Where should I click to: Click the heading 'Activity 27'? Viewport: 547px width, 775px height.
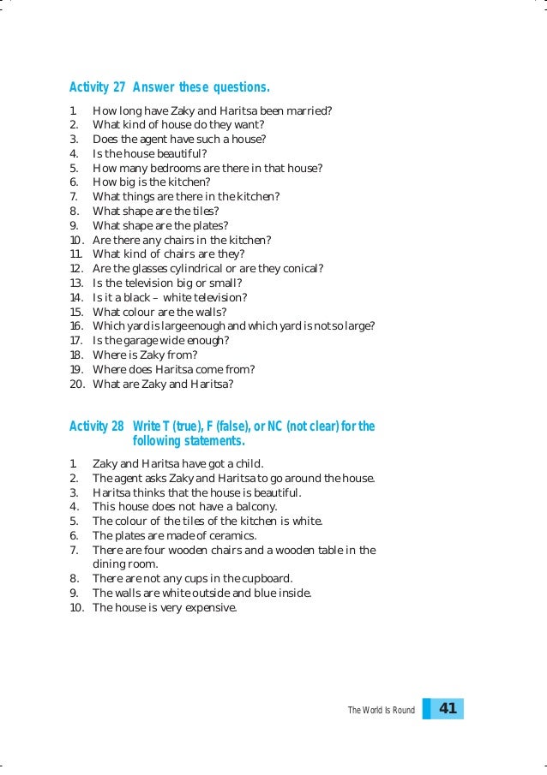click(98, 87)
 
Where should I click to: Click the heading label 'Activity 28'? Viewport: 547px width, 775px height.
click(98, 426)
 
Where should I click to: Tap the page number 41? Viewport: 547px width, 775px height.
click(448, 708)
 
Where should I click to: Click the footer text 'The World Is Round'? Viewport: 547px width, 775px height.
click(381, 710)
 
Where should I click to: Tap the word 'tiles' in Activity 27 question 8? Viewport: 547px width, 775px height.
click(201, 212)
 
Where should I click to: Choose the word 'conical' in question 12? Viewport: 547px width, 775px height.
click(302, 269)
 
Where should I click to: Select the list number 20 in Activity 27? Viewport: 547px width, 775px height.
click(76, 385)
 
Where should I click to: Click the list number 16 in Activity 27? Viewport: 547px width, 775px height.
click(75, 326)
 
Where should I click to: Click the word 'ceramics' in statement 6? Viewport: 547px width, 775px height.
click(232, 536)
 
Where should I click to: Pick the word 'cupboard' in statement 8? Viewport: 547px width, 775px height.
click(267, 579)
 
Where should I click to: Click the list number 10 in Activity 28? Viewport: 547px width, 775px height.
click(76, 608)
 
